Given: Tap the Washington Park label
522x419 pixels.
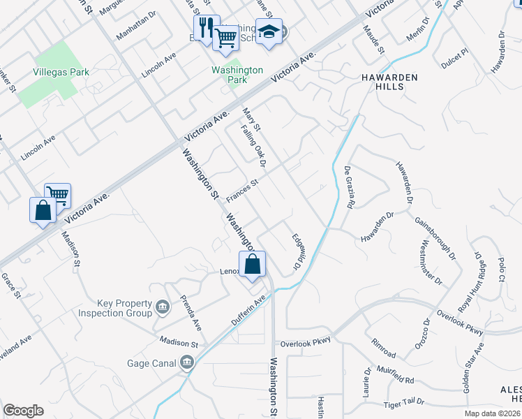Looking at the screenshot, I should [238, 75].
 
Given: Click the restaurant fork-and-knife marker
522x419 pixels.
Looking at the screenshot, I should [207, 28].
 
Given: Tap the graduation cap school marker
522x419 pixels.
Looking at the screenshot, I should [269, 31].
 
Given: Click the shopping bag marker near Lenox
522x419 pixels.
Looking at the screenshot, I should [253, 265].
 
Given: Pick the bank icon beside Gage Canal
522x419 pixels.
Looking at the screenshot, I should [186, 362].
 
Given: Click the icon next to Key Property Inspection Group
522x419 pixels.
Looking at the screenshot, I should [162, 307].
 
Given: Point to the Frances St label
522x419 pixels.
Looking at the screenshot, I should [241, 189].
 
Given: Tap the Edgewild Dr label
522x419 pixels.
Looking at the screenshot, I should [295, 252].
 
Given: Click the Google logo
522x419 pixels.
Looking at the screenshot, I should [23, 411].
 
